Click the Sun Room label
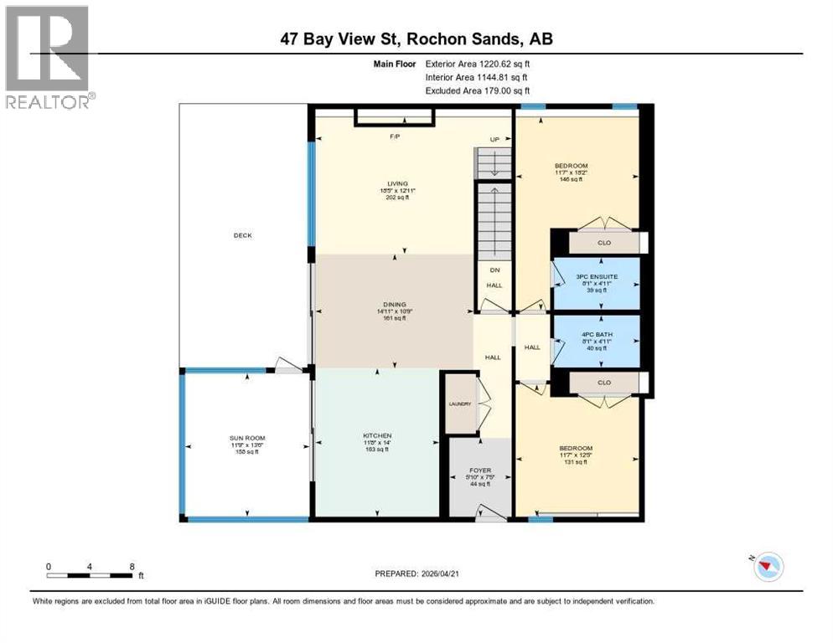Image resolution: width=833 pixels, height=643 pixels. (247, 438)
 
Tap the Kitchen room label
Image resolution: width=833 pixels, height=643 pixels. (377, 436)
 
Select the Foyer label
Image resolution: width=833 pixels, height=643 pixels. (480, 471)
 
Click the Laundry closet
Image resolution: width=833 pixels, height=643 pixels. (460, 404)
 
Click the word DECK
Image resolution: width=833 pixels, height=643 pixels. (242, 235)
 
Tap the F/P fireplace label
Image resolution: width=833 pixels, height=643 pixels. (393, 136)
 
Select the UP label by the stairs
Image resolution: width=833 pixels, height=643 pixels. (495, 139)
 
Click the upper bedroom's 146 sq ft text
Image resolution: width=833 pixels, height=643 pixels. (577, 180)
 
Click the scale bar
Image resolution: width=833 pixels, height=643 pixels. (91, 574)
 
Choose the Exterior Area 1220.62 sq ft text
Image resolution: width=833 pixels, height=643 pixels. (477, 63)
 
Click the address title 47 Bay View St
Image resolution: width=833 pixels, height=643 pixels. (416, 39)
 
